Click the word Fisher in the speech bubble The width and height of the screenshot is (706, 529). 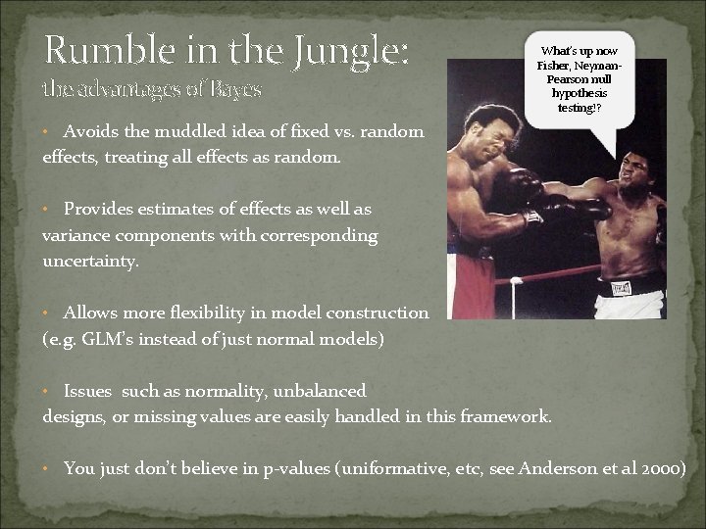(556, 66)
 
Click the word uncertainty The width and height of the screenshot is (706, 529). (90, 263)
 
